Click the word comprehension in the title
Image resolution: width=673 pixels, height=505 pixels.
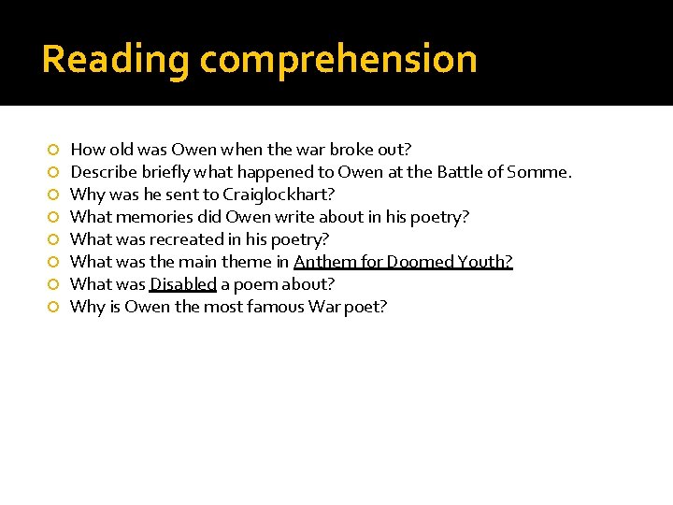[338, 60]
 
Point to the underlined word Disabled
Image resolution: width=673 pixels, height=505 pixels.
[183, 284]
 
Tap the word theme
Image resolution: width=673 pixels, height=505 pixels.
[246, 262]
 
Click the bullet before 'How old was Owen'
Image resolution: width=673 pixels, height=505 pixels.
[53, 151]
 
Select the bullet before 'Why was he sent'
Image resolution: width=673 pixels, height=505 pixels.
[53, 195]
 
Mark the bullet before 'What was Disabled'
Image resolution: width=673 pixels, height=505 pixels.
[53, 285]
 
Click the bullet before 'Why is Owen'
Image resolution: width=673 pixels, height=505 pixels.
[53, 308]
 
